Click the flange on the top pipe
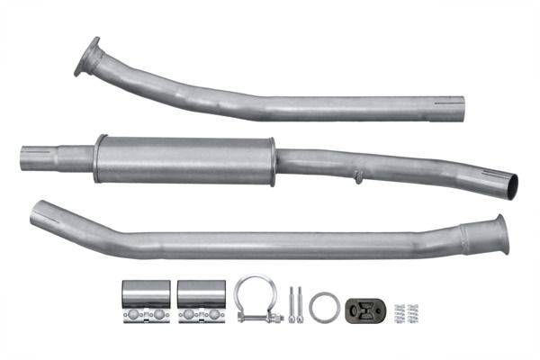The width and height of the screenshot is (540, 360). (88, 56)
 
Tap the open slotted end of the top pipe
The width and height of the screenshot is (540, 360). (459, 105)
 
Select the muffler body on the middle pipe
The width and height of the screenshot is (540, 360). (184, 159)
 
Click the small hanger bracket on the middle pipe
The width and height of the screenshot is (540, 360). (358, 176)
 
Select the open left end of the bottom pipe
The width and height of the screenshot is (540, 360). (38, 214)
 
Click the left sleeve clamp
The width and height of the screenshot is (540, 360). (146, 301)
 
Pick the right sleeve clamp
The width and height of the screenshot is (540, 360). (202, 301)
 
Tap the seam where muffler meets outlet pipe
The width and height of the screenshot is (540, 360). (275, 163)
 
